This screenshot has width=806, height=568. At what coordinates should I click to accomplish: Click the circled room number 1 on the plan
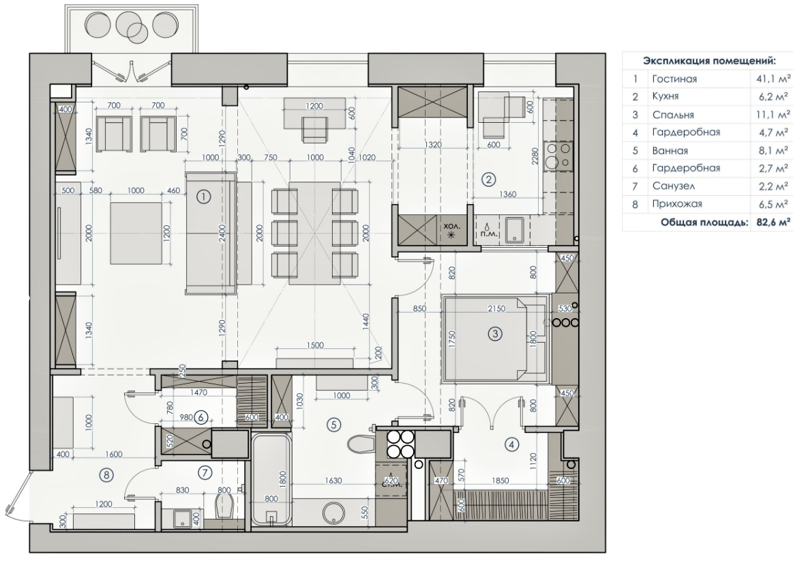point(203,197)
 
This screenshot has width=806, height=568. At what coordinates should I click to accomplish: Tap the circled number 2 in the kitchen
point(488,180)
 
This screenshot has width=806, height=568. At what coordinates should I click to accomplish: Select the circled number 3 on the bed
point(495,334)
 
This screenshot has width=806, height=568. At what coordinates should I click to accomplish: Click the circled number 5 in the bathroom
point(333,425)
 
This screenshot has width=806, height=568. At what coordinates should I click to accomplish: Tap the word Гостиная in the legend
point(674,79)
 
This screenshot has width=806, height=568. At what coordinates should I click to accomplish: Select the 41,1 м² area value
point(773,79)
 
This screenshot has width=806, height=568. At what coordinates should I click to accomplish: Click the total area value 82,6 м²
point(773,221)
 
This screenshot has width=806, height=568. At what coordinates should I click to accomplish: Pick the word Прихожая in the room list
point(676,203)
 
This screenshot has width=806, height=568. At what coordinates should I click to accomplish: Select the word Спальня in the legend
point(672,114)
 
